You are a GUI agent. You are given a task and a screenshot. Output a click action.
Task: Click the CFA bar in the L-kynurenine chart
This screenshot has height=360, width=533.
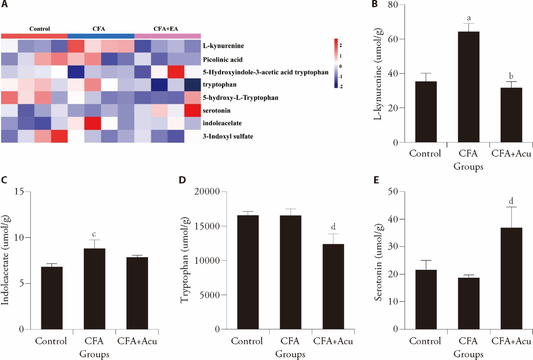click(x=468, y=87)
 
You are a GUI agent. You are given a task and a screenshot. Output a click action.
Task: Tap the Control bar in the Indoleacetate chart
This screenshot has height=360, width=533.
click(x=52, y=298)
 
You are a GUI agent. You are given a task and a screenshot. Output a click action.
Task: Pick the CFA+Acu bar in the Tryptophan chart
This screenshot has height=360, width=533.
click(x=333, y=286)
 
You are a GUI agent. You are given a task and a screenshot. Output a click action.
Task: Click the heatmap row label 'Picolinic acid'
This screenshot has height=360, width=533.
click(x=223, y=60)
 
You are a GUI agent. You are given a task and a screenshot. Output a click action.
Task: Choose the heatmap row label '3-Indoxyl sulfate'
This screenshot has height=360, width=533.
click(x=228, y=136)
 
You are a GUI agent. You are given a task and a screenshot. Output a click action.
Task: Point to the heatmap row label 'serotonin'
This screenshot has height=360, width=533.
click(x=217, y=111)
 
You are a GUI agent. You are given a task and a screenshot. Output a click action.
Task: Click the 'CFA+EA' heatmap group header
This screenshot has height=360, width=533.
click(x=166, y=29)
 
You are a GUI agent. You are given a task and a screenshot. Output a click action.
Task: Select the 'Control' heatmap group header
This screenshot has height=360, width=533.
click(x=40, y=29)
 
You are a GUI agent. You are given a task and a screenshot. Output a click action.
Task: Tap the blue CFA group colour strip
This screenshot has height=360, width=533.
click(x=101, y=36)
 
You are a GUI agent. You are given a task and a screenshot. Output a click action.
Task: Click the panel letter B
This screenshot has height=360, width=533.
click(x=374, y=4)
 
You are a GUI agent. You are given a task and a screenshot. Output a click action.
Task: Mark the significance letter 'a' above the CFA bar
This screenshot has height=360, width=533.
click(x=469, y=18)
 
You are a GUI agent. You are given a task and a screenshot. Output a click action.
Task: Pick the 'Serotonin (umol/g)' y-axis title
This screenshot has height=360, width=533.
click(x=378, y=262)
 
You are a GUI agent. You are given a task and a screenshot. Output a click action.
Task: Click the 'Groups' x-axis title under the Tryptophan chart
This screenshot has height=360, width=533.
click(x=290, y=354)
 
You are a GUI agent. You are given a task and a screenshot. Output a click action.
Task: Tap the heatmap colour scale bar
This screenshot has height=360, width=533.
click(x=336, y=63)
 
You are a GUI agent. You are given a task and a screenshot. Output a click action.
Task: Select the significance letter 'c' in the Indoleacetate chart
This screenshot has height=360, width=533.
click(x=94, y=234)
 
